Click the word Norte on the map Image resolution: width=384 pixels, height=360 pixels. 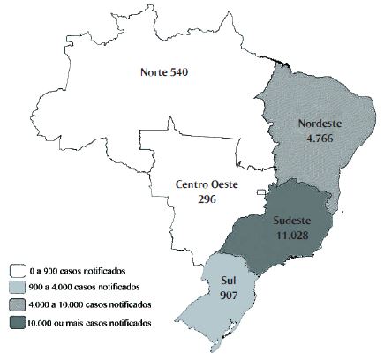point(155,71)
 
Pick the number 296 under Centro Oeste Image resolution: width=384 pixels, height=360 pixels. point(207,199)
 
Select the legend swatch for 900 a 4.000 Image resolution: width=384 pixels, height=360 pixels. point(16,288)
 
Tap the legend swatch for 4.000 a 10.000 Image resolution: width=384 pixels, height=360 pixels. point(16,305)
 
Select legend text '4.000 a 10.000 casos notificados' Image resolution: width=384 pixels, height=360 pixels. point(89,305)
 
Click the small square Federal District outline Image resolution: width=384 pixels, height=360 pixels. point(260,193)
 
